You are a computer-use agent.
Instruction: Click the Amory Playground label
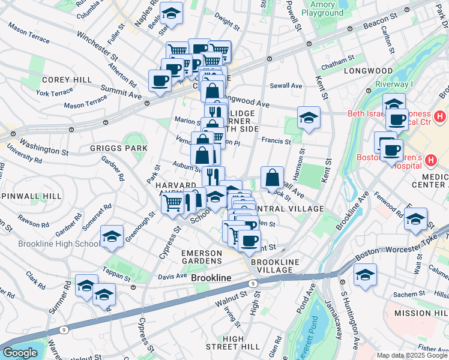(x=322, y=8)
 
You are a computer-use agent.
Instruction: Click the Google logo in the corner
(x=20, y=353)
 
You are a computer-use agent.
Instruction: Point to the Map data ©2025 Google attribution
(x=412, y=355)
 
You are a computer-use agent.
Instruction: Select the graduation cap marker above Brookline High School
(x=112, y=236)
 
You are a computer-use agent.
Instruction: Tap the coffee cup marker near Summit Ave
(x=160, y=80)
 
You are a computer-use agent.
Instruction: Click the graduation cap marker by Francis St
(x=309, y=117)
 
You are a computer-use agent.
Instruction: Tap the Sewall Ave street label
(x=288, y=86)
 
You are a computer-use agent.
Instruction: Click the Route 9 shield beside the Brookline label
(x=253, y=283)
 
